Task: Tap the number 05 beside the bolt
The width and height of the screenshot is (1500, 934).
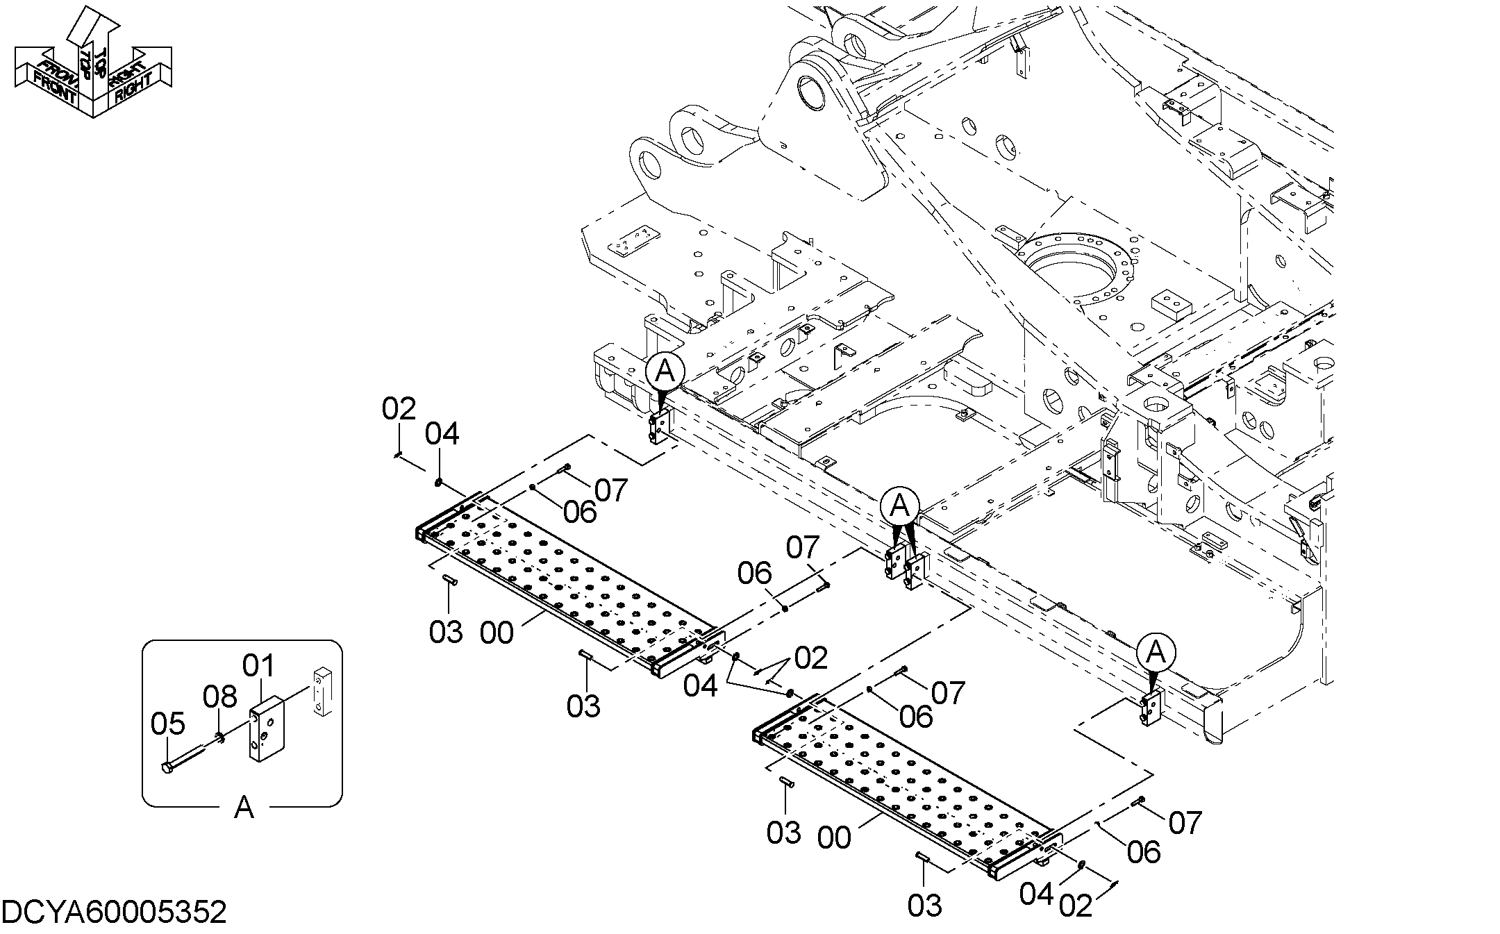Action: [168, 724]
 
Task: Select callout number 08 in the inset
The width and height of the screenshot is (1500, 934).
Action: [220, 697]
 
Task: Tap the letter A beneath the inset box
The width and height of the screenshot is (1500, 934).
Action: [244, 808]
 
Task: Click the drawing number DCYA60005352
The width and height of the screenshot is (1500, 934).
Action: [115, 912]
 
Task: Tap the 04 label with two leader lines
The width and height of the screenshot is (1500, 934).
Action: [700, 686]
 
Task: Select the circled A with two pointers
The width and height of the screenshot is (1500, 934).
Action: [899, 506]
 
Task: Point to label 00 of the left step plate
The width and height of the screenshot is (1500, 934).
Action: [497, 633]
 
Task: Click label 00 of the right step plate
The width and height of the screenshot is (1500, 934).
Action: [834, 839]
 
